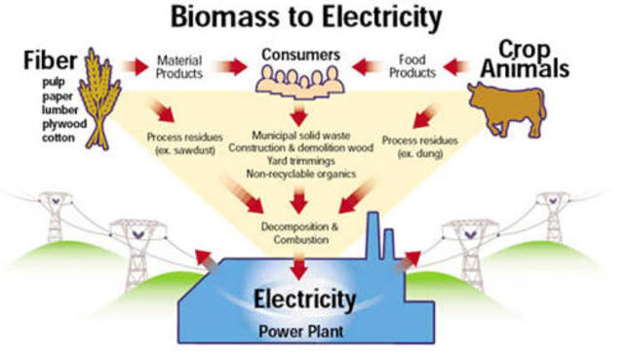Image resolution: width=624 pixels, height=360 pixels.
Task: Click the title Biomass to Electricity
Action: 306,17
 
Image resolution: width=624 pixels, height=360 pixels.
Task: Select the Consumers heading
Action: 301,55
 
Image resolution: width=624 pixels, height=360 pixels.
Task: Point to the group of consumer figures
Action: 300,82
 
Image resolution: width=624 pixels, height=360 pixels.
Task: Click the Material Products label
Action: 179,67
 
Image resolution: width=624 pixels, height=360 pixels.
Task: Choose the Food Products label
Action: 412,66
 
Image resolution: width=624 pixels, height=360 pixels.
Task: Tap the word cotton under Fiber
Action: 58,138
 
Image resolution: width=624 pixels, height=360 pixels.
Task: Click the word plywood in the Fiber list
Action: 64,124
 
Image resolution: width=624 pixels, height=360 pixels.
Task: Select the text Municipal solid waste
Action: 301,136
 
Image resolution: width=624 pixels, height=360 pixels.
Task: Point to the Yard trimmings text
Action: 301,161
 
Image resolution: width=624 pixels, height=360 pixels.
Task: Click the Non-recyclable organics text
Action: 301,174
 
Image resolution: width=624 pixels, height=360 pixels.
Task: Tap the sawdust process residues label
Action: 184,143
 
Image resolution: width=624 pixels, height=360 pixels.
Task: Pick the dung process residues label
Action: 420,147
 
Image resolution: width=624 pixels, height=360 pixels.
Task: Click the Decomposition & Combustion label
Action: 300,233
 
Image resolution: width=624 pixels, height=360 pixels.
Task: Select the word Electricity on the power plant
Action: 305,300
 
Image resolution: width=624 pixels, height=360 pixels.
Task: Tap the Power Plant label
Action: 301,332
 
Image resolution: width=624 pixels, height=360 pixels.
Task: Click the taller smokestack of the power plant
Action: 373,236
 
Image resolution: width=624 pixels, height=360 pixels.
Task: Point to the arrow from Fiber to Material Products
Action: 136,66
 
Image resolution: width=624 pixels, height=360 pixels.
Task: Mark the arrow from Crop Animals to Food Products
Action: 456,66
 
